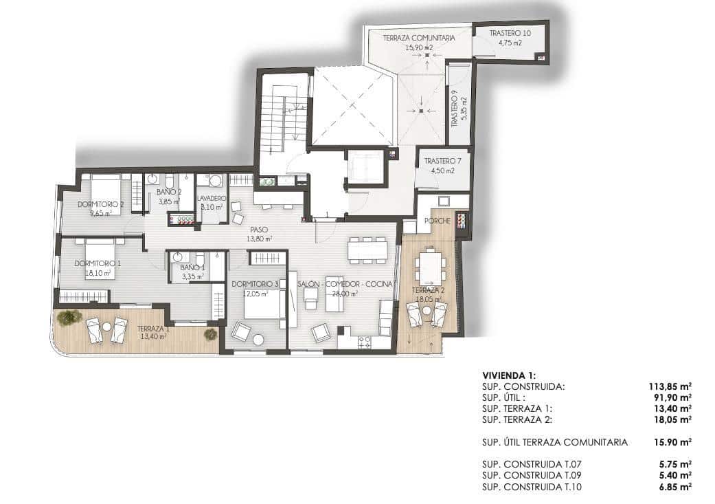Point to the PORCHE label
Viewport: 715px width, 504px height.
(438, 221)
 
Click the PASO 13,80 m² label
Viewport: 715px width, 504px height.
(260, 234)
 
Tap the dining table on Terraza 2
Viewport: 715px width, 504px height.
(431, 267)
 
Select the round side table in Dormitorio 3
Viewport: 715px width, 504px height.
(259, 340)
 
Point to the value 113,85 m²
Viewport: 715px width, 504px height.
(670, 386)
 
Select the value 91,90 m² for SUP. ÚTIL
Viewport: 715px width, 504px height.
(673, 397)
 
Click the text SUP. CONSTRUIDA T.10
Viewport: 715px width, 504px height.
(534, 485)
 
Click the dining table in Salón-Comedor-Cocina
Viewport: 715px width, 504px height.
(367, 250)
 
